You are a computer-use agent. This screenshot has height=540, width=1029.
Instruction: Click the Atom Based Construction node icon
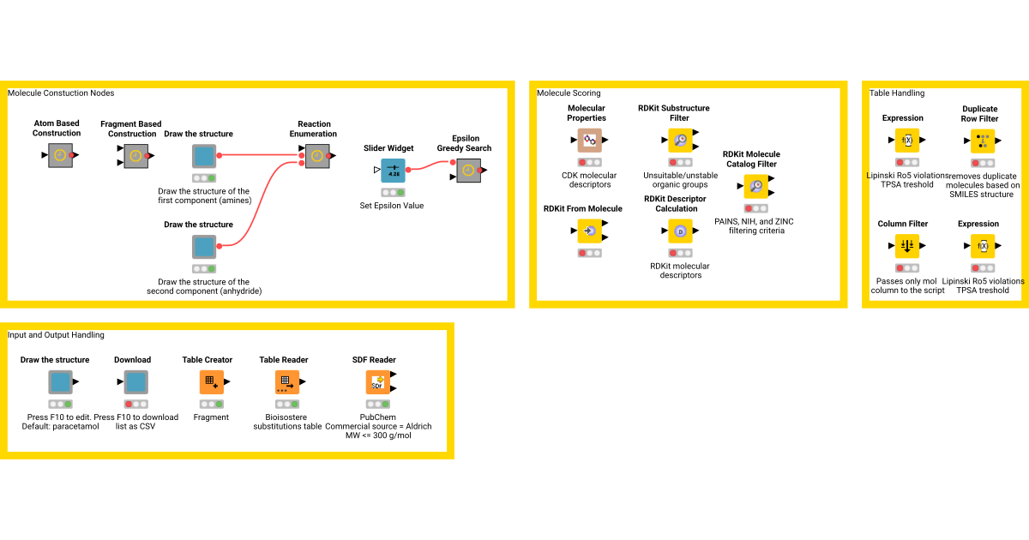tap(60, 155)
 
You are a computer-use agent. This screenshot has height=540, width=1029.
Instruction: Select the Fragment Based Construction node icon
tap(135, 156)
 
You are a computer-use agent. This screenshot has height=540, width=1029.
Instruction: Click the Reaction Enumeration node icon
tap(316, 155)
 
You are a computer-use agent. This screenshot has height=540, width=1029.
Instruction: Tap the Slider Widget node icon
tap(393, 171)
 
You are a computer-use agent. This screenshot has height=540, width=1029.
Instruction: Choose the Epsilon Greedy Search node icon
tap(467, 171)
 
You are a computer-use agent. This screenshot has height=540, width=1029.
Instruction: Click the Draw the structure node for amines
tap(203, 156)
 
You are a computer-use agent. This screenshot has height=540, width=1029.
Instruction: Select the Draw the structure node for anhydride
tap(203, 247)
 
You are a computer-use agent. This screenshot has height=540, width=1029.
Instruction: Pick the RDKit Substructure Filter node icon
tap(680, 140)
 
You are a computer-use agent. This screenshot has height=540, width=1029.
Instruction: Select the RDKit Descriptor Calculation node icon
tap(680, 231)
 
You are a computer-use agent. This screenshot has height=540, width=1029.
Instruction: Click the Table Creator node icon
tap(211, 382)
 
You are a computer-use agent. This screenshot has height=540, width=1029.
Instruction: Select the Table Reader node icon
tap(286, 382)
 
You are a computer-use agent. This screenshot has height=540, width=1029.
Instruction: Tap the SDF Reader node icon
tap(377, 382)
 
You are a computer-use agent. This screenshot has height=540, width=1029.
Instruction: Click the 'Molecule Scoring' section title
tap(569, 93)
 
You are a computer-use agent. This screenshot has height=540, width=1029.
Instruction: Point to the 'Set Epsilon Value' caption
tap(392, 206)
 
